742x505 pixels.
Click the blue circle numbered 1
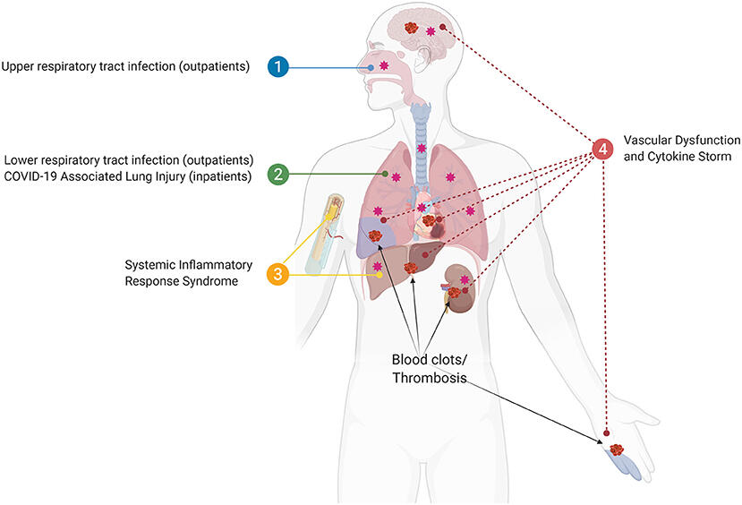(x=279, y=66)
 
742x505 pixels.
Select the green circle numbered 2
(x=279, y=174)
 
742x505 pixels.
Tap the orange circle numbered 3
(x=279, y=275)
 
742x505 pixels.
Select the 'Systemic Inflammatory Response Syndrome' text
(x=189, y=275)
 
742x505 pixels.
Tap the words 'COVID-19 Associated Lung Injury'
(x=125, y=176)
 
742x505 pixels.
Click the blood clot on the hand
(x=616, y=449)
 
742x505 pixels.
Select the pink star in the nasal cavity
(x=384, y=66)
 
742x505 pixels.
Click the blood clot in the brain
(x=413, y=29)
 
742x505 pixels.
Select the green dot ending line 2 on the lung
(x=385, y=174)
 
